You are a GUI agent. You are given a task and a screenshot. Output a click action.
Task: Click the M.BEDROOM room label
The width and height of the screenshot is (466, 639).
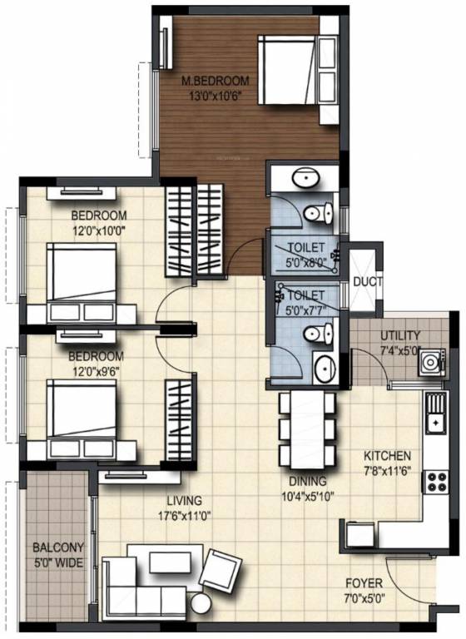coord(216,80)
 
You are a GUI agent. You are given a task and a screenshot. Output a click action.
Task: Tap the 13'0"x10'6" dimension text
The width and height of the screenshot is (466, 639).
coord(216,97)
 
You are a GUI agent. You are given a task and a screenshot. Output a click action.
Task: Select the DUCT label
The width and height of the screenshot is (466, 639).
coord(368,281)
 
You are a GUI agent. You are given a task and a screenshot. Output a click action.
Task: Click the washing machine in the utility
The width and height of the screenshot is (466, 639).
coord(431,362)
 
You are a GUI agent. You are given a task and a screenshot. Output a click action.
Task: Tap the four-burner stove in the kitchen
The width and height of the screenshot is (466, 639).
coord(436,482)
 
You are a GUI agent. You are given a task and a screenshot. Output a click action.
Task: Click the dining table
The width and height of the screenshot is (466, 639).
coord(307,430)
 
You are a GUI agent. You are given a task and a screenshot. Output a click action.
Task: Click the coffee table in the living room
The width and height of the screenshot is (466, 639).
coord(170,562)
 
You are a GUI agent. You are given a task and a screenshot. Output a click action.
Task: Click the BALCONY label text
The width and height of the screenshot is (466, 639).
coord(58,547)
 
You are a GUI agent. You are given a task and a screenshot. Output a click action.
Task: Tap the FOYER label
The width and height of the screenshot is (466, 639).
coord(364,583)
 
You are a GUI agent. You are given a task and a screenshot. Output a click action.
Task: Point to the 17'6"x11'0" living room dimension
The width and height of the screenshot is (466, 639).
coord(184,516)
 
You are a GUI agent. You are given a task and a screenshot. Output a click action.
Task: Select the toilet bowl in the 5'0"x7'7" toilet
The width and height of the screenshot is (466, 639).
coord(319,333)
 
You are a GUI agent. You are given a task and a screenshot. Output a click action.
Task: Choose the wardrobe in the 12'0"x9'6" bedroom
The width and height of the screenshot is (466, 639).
coord(180,420)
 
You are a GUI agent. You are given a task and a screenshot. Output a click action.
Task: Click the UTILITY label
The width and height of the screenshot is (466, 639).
coord(400,336)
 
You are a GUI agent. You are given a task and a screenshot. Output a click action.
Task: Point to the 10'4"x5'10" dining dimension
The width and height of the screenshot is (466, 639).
coord(308,497)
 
